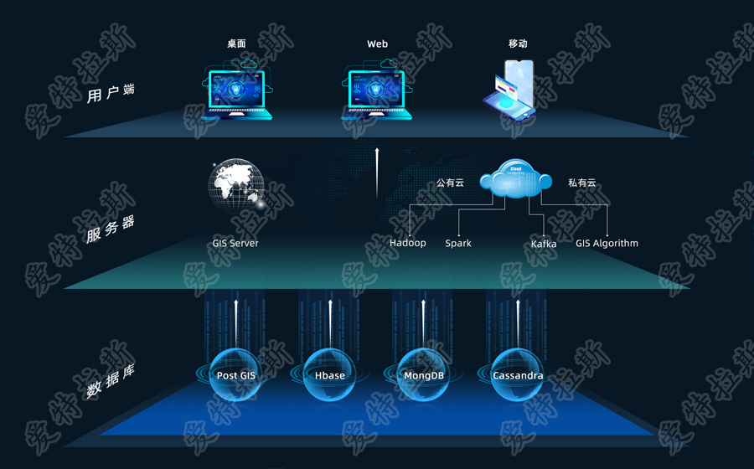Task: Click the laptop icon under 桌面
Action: coord(235,90)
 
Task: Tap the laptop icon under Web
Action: coord(378,90)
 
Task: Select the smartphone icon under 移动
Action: coord(511,89)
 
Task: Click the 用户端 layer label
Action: coord(111,93)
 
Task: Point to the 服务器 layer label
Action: coord(110,229)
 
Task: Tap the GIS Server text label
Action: coord(235,244)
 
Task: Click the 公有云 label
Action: coord(450,183)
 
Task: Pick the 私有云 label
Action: coord(581,183)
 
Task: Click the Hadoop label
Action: coord(408,244)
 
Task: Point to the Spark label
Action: coord(458,244)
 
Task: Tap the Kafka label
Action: coord(544,245)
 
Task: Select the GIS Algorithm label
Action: coord(607,244)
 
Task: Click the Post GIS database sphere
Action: coord(236,375)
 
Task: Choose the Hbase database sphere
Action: coord(330,375)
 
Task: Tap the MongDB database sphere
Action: coord(424,375)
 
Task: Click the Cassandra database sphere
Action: coord(518,375)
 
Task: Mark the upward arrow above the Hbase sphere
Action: coord(330,322)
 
